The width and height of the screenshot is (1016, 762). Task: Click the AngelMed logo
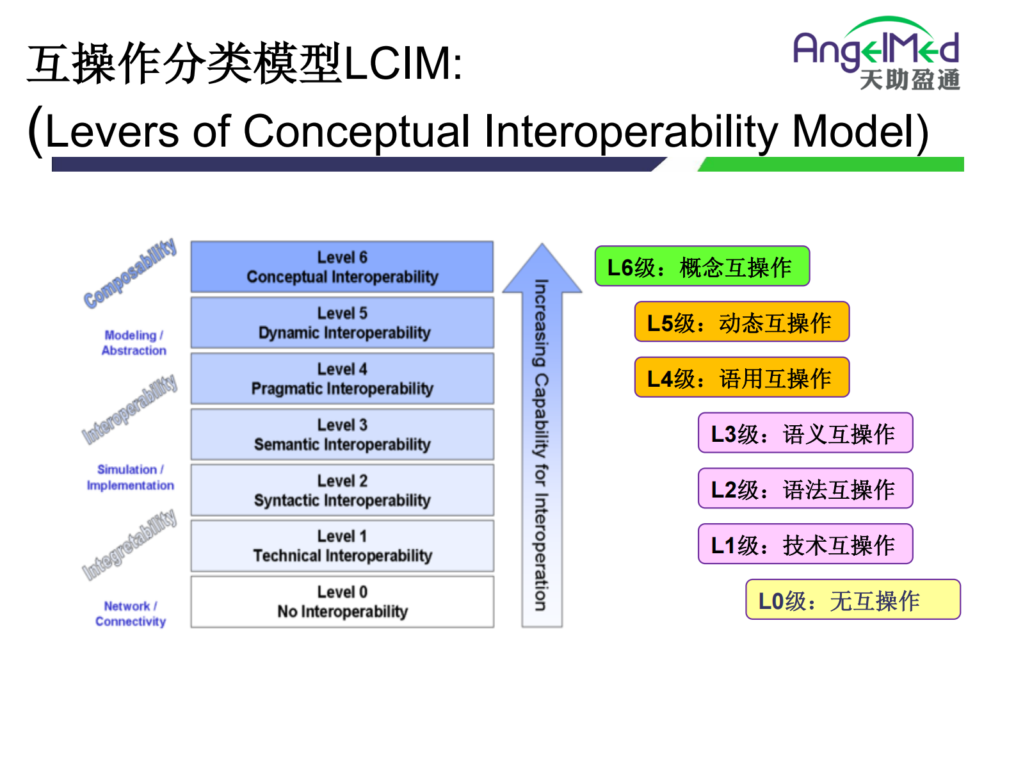876,53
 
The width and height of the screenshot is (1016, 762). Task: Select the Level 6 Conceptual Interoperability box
342,267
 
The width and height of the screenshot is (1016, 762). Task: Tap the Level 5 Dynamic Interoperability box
342,323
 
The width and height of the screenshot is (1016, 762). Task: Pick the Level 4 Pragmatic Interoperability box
342,378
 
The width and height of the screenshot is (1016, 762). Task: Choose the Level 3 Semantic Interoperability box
342,434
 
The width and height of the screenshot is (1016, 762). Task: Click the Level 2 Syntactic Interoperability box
342,490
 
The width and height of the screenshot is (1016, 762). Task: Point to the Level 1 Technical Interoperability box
342,546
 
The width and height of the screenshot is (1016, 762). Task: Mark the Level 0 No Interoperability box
342,601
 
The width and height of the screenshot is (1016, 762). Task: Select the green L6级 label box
702,266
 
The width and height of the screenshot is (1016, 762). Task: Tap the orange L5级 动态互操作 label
741,322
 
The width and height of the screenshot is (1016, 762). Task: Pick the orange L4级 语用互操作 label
741,378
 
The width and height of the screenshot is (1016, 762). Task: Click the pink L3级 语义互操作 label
805,434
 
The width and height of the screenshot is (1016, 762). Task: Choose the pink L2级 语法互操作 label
805,489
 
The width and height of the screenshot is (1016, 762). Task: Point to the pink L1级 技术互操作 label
805,544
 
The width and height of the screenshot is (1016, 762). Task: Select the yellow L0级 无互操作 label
853,600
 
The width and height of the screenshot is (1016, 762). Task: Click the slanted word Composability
130,273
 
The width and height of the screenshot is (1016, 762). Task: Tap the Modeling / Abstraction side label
134,343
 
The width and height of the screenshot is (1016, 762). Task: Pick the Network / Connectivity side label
130,613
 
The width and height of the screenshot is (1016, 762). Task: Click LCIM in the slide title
403,63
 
